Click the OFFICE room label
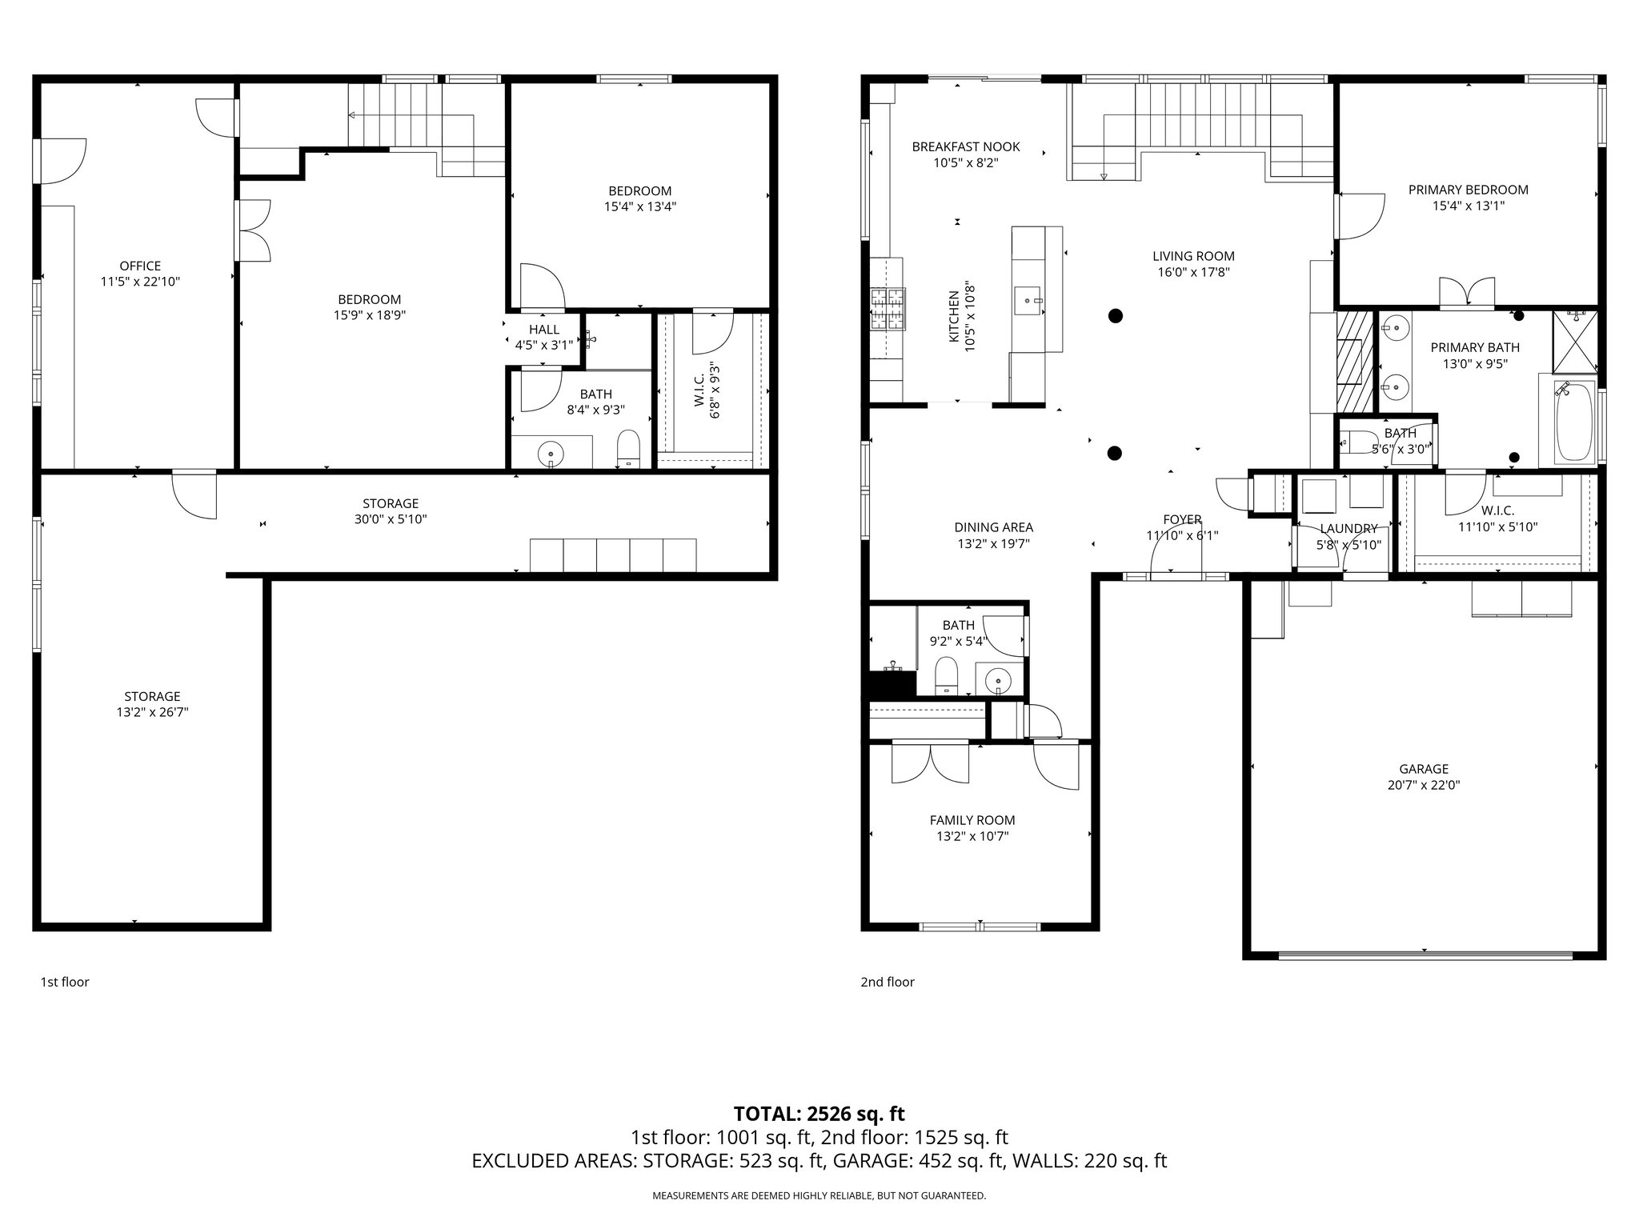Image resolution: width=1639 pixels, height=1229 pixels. pyautogui.click(x=140, y=266)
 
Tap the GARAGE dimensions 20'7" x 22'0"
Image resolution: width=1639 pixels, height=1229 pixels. pyautogui.click(x=1424, y=785)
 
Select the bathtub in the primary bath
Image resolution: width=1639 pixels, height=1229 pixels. pyautogui.click(x=1573, y=422)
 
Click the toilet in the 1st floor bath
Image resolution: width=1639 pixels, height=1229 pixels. pyautogui.click(x=629, y=450)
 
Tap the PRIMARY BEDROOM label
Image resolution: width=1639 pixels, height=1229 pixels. pyautogui.click(x=1468, y=190)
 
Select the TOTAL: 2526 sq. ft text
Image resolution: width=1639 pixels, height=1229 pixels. pyautogui.click(x=819, y=1113)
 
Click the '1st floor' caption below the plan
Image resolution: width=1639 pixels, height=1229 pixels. pyautogui.click(x=65, y=982)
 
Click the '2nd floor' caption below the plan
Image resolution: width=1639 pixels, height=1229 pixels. pyautogui.click(x=887, y=982)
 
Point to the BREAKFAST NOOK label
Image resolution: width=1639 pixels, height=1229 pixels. pyautogui.click(x=966, y=146)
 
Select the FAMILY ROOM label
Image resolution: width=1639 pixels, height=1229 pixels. pyautogui.click(x=972, y=820)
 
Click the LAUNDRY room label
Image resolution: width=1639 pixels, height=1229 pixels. pyautogui.click(x=1348, y=529)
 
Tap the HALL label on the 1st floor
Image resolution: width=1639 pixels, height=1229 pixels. pyautogui.click(x=544, y=330)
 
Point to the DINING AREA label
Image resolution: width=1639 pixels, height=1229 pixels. pyautogui.click(x=993, y=527)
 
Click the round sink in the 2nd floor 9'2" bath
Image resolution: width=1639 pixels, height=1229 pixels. pyautogui.click(x=999, y=682)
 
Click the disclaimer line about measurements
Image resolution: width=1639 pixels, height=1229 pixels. pyautogui.click(x=819, y=1195)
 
